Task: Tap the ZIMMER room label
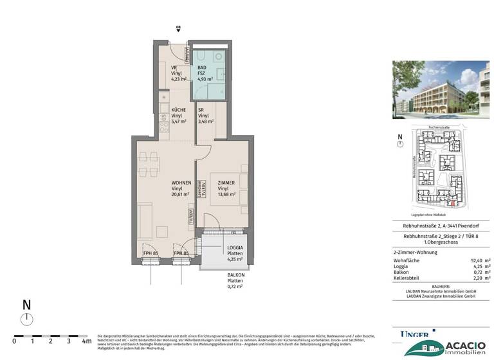pyautogui.click(x=226, y=183)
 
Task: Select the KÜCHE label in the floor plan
pyautogui.click(x=178, y=110)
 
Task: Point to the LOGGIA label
pyautogui.click(x=234, y=248)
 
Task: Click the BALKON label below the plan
pyautogui.click(x=235, y=275)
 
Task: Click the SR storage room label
pyautogui.click(x=201, y=110)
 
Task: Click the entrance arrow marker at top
pyautogui.click(x=179, y=29)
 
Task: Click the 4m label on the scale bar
pyautogui.click(x=86, y=341)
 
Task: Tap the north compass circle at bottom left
pyautogui.click(x=26, y=319)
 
